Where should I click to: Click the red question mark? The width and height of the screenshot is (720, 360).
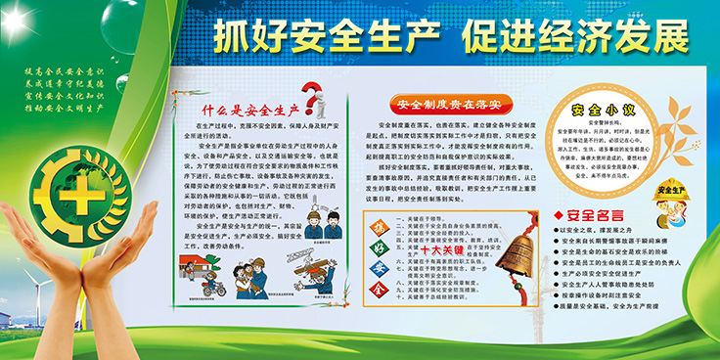[x=311, y=96]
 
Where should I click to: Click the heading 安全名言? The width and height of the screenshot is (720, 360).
[x=597, y=213]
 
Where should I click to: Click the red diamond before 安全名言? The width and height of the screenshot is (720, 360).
[x=559, y=214]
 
